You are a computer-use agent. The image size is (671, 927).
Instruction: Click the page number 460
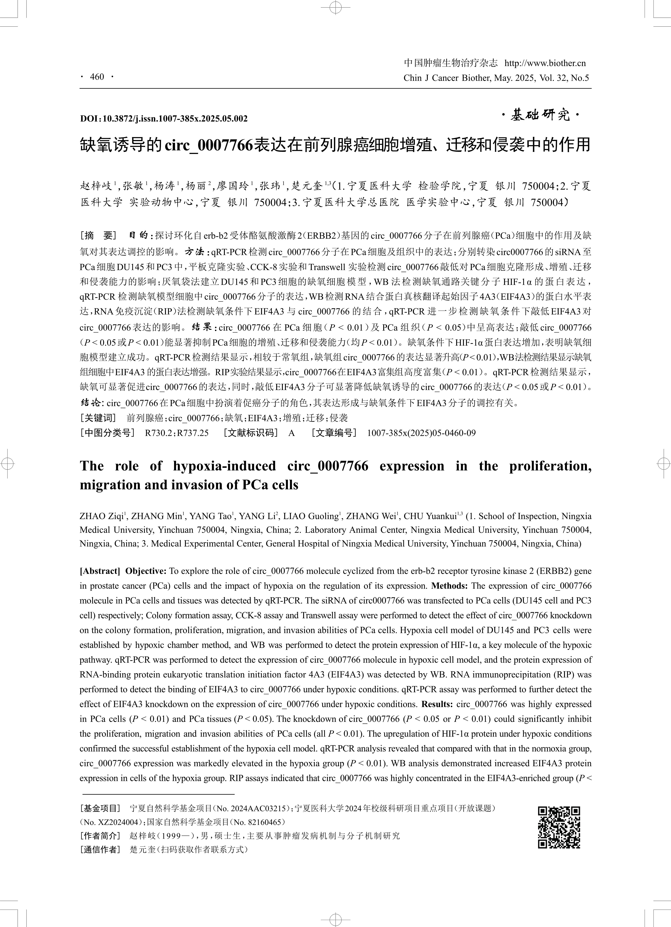click(x=97, y=77)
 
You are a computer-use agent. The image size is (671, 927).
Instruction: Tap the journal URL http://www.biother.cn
click(x=545, y=63)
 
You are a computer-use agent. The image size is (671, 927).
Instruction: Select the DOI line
click(x=164, y=118)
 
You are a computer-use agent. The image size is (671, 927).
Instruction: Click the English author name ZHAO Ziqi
click(x=102, y=516)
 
